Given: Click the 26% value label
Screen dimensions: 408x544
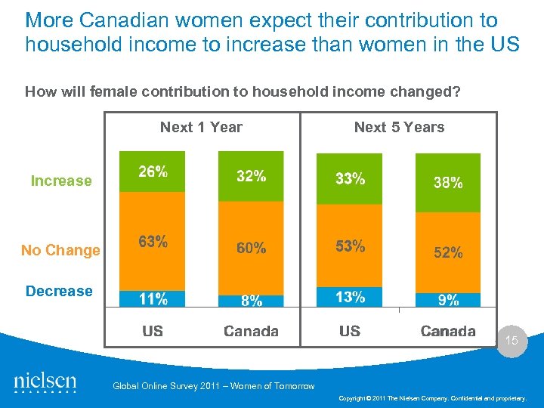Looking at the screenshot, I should click(153, 172).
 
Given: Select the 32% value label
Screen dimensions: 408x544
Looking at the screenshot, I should click(251, 176).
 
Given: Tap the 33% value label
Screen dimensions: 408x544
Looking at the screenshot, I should click(350, 178).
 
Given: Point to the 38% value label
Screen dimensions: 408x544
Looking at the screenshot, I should click(448, 182).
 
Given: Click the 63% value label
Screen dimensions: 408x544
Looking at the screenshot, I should click(153, 242).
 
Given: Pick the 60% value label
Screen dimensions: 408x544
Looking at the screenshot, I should click(251, 248).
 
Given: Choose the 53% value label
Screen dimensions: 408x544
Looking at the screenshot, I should click(350, 246).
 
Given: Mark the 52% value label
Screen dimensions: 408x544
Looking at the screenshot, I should click(448, 253).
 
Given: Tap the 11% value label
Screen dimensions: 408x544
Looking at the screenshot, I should click(153, 299).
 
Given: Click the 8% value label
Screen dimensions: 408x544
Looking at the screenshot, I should click(251, 301).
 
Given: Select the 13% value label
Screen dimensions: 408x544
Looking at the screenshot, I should click(350, 297).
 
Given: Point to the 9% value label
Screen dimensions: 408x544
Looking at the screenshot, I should click(448, 300).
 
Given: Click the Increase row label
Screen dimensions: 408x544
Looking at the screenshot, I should click(61, 181).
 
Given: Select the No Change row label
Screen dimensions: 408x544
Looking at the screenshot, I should click(60, 250).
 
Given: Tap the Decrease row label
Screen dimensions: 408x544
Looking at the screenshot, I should click(59, 291).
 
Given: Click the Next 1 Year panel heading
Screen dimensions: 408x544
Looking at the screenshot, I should click(201, 127).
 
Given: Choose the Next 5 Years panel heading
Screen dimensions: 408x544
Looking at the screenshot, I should click(399, 127).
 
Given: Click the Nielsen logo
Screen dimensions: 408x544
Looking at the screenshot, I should click(45, 382).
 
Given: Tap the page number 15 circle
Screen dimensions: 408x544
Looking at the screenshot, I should click(512, 342).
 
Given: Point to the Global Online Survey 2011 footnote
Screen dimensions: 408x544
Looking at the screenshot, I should click(213, 386).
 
